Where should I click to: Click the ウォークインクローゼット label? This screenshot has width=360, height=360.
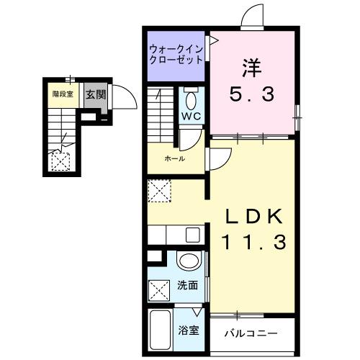click(x=177, y=55)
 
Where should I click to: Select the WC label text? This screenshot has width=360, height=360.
click(x=190, y=116)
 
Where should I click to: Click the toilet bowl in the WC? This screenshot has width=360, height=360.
click(x=191, y=98)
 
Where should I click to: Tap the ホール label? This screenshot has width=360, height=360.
click(x=174, y=158)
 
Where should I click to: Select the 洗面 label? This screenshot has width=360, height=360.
click(x=189, y=285)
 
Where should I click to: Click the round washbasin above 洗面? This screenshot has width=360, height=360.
click(x=188, y=261)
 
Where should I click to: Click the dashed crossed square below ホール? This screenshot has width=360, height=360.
click(x=159, y=192)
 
